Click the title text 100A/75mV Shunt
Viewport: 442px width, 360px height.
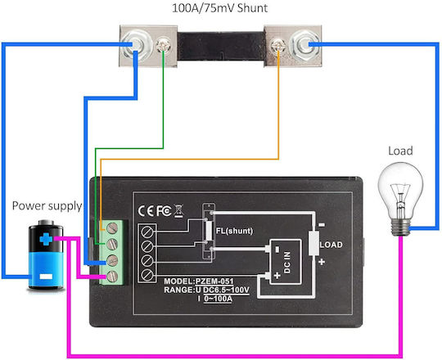(x=219, y=8)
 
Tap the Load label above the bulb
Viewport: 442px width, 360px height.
(x=400, y=151)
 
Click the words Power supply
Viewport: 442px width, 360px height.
(x=47, y=206)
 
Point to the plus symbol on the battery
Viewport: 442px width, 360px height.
(x=46, y=239)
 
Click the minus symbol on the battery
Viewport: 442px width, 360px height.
(x=46, y=277)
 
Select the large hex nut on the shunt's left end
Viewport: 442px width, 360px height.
(x=135, y=46)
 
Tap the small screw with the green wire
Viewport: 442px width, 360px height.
(x=164, y=45)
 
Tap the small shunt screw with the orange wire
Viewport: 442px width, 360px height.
(x=278, y=46)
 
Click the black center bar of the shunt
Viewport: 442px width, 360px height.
(x=221, y=46)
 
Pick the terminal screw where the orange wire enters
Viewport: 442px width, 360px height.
(x=112, y=228)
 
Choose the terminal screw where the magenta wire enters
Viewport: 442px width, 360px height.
(x=112, y=277)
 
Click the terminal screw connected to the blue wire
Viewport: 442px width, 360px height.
(x=112, y=260)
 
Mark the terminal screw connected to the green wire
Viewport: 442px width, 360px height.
(x=112, y=244)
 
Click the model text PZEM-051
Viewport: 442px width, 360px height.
(x=214, y=281)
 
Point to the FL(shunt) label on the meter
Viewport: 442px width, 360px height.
(x=234, y=231)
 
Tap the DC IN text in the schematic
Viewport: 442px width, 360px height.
(x=287, y=263)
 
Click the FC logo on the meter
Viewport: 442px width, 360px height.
(x=164, y=211)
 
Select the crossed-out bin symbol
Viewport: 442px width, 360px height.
(x=178, y=211)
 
